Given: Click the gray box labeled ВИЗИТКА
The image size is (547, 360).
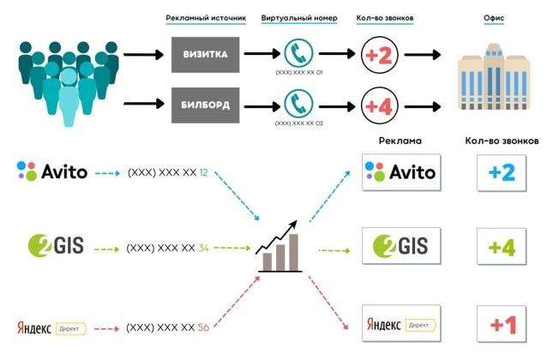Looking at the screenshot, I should (x=205, y=55).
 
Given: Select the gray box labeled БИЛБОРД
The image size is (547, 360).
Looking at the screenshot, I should (x=205, y=105).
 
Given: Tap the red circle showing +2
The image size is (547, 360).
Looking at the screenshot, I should (x=379, y=55).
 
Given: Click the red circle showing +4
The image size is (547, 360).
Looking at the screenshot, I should (x=379, y=105).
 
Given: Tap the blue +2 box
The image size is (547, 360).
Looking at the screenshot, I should (x=500, y=172).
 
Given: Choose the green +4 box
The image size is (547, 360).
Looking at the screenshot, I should (x=500, y=248).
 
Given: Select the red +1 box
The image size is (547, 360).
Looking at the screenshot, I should (x=500, y=324).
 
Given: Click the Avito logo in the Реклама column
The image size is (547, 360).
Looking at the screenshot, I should (x=400, y=172).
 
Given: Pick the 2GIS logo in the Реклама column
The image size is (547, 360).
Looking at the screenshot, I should (x=400, y=248).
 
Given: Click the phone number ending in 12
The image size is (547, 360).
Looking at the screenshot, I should (x=168, y=172).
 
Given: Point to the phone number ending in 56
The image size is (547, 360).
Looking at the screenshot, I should (x=168, y=327).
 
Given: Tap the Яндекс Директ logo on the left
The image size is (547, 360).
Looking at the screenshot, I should (x=52, y=327).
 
